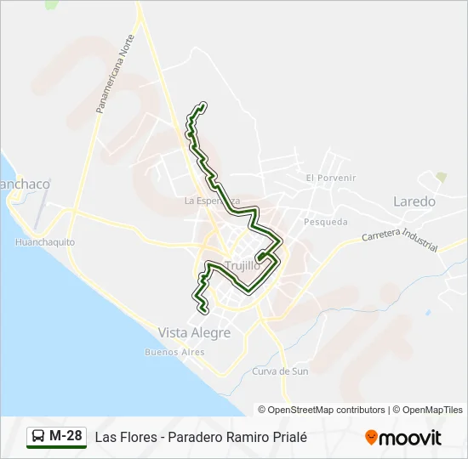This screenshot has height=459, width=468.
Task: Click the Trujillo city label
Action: tap(243, 265)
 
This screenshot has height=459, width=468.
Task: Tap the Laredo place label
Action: tap(414, 202)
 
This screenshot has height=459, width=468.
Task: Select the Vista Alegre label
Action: tap(194, 332)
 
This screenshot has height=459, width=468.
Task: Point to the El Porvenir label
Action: tap(331, 178)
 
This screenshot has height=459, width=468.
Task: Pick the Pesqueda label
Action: tap(325, 222)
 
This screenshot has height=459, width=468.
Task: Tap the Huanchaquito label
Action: tap(45, 242)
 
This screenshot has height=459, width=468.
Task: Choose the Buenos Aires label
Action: tap(174, 352)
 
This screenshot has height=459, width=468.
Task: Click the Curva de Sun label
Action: tap(280, 371)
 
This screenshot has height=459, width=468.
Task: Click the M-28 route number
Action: tap(66, 436)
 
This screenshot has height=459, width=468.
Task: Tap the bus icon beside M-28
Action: tap(38, 437)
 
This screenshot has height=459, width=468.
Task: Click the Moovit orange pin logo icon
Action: tap(371, 437)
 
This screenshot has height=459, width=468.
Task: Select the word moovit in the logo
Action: tap(410, 437)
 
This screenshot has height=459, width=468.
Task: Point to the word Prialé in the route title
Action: tap(288, 437)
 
